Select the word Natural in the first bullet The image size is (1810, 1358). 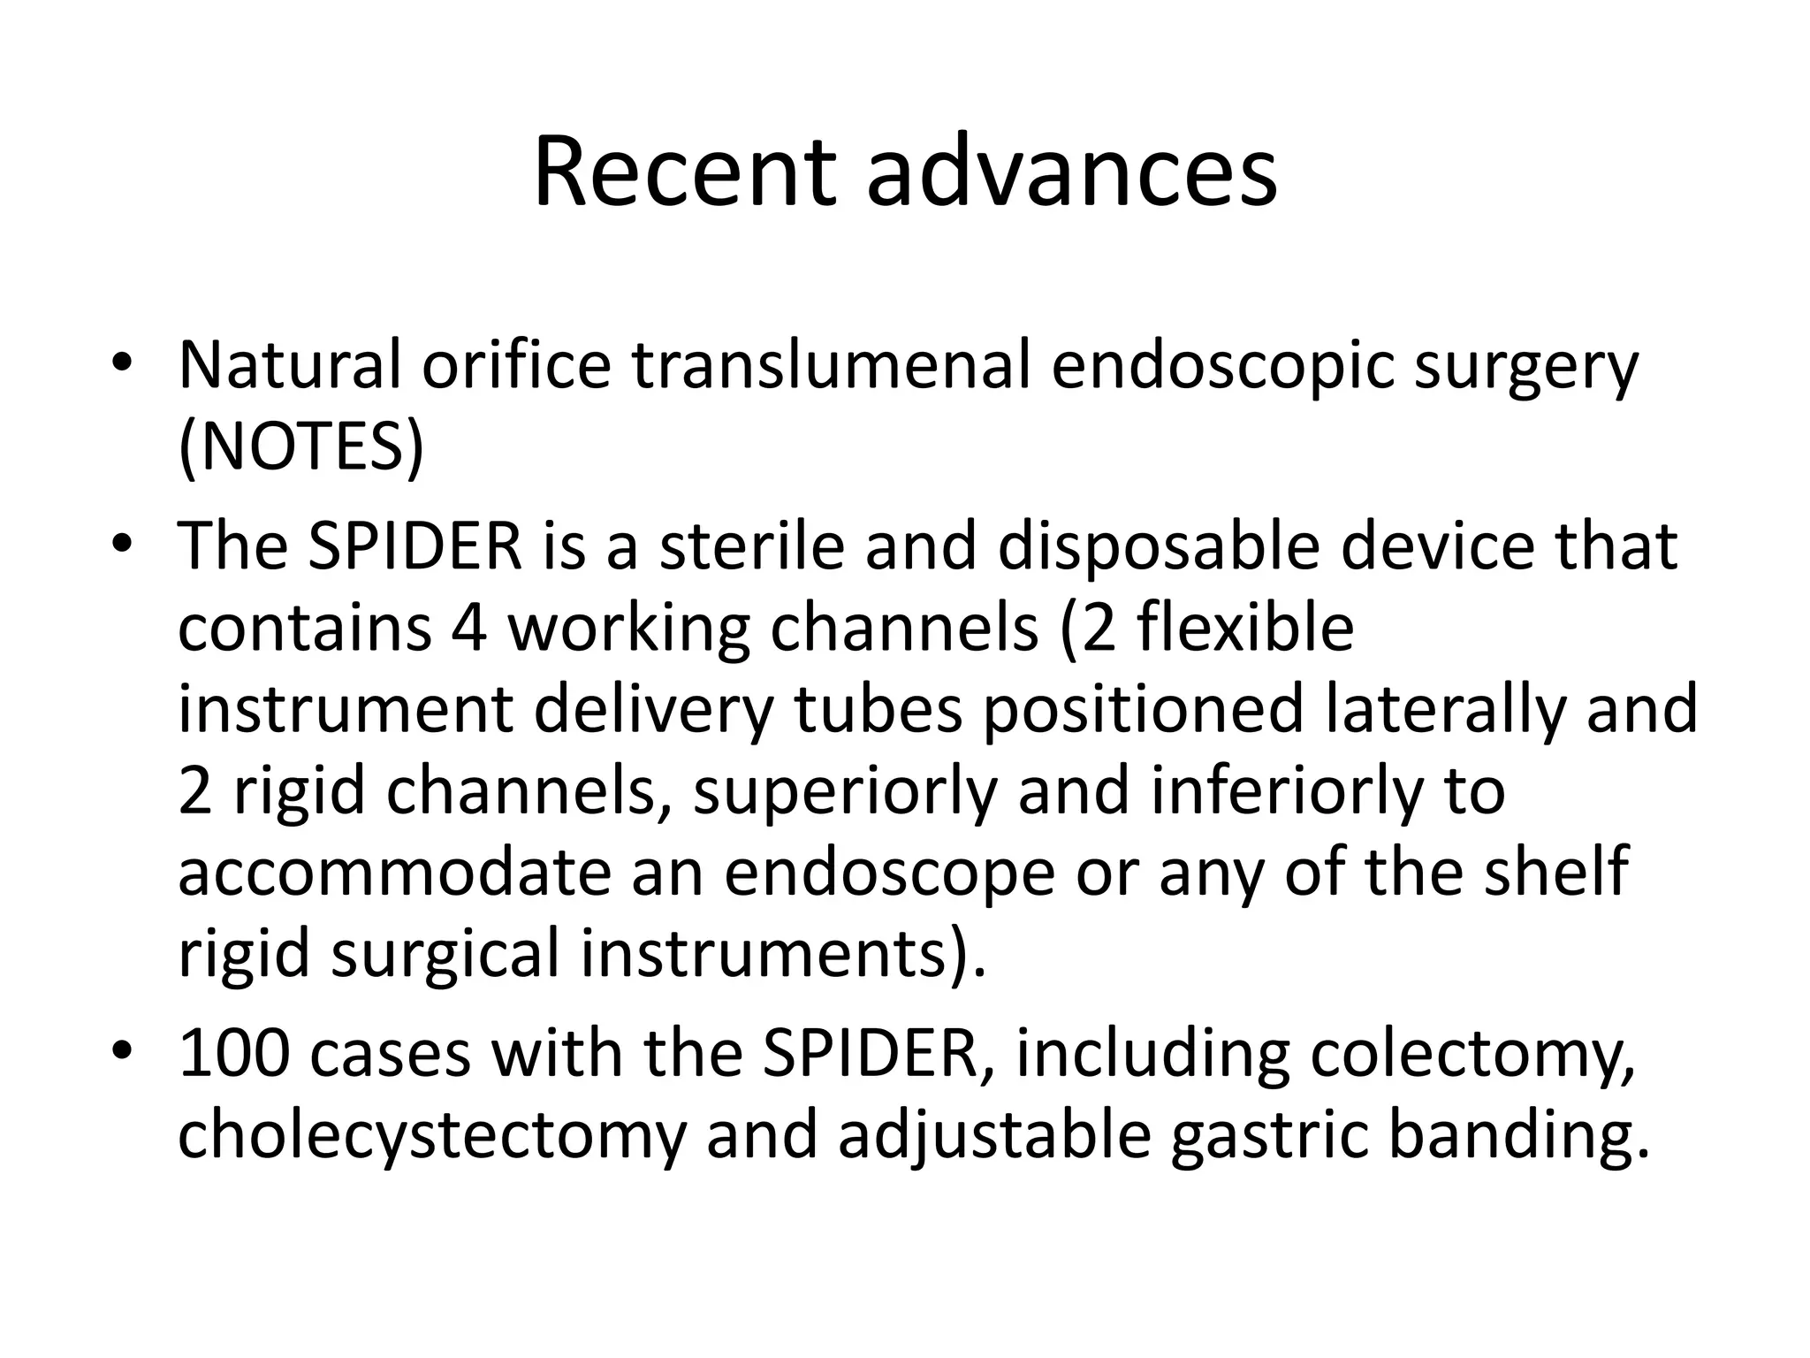tap(290, 365)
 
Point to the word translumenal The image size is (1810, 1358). tap(831, 365)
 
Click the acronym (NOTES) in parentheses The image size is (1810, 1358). tap(301, 448)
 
